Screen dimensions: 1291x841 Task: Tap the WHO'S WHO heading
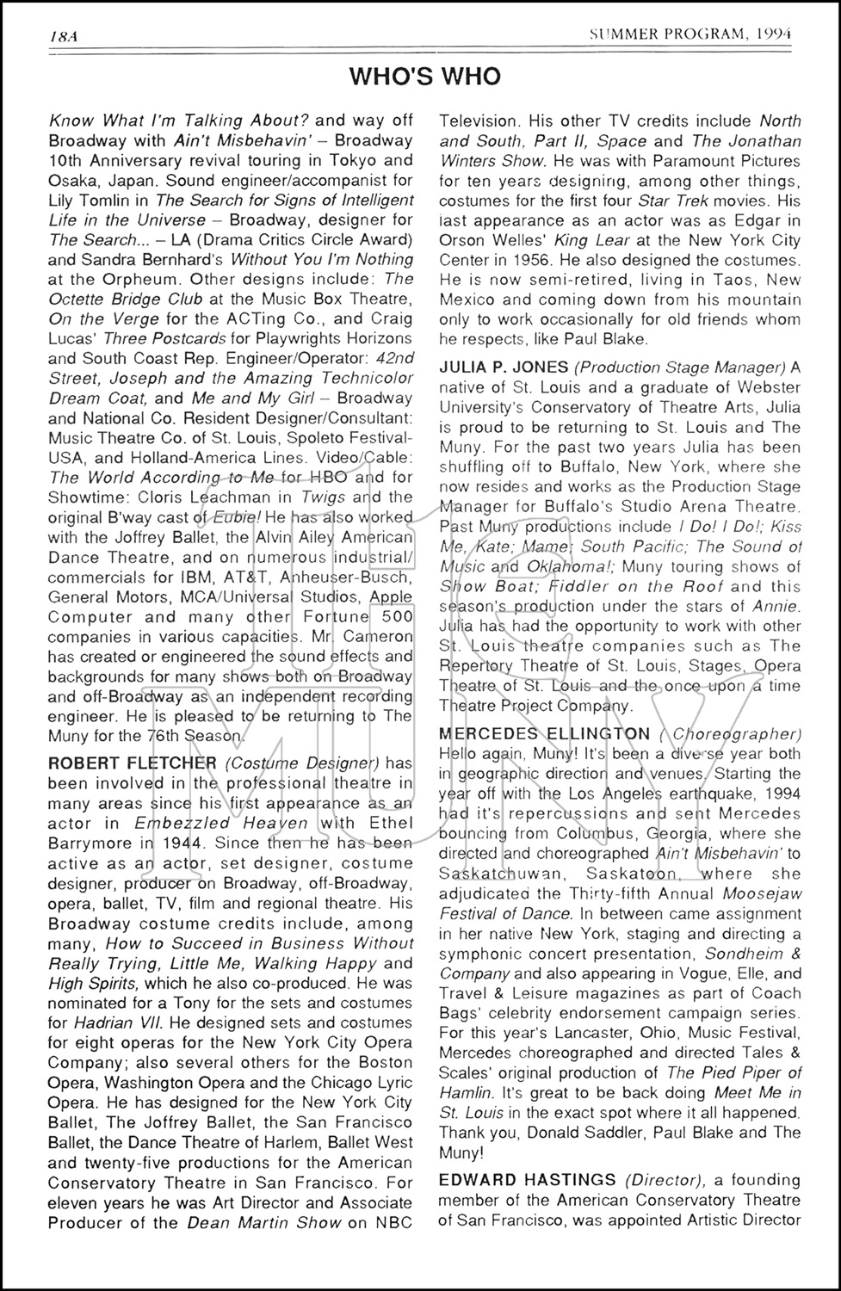tap(424, 77)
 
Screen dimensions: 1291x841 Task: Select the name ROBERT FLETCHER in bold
tap(133, 763)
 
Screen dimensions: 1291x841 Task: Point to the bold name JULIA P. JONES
tap(499, 368)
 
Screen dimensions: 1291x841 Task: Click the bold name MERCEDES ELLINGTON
tap(544, 734)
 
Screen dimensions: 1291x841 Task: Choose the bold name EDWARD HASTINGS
tap(528, 1179)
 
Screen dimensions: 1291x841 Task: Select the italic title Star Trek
tap(671, 201)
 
